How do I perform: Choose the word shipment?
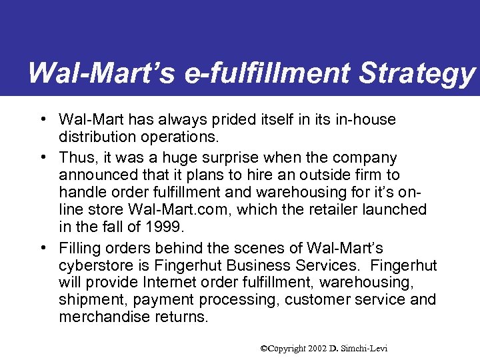pos(91,300)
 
